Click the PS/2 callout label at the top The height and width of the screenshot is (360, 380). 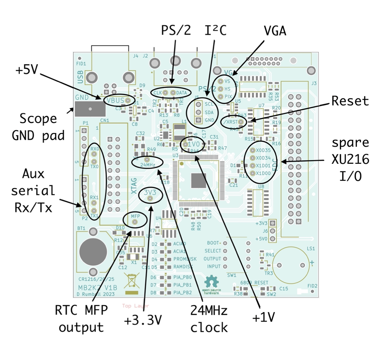pyautogui.click(x=176, y=30)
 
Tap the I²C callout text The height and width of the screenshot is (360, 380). pyautogui.click(x=215, y=30)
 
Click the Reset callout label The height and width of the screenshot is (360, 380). pyautogui.click(x=350, y=101)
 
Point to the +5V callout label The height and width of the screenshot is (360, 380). pyautogui.click(x=27, y=70)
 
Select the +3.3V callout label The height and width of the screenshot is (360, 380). pyautogui.click(x=143, y=320)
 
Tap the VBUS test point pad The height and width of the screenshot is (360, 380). pyautogui.click(x=128, y=100)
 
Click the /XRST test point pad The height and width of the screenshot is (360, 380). pyautogui.click(x=240, y=122)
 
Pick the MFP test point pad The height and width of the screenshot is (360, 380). pyautogui.click(x=135, y=222)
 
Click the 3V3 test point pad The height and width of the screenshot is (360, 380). pyautogui.click(x=150, y=199)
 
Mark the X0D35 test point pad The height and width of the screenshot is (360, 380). pyautogui.click(x=253, y=150)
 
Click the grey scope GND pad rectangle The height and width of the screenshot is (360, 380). pyautogui.click(x=90, y=109)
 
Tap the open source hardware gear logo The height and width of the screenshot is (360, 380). pyautogui.click(x=212, y=282)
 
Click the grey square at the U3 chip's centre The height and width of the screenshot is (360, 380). pyautogui.click(x=198, y=181)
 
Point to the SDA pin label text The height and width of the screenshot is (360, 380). pyautogui.click(x=209, y=112)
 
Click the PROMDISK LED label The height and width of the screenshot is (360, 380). pyautogui.click(x=185, y=259)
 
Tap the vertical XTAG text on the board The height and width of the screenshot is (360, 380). pyautogui.click(x=134, y=186)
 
